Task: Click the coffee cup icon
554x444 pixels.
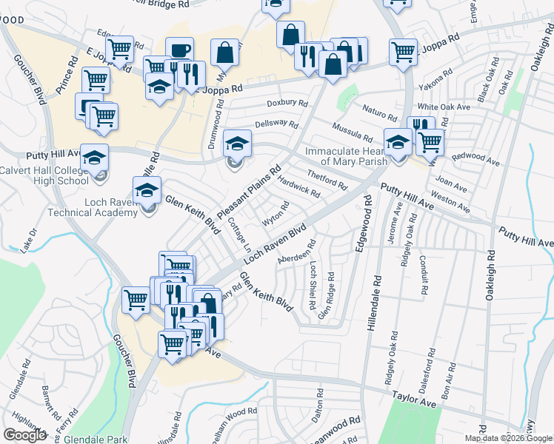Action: [x=179, y=50]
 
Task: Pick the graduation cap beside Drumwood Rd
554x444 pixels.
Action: [x=238, y=142]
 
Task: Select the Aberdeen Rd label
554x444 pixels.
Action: [x=297, y=252]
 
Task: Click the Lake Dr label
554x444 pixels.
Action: [x=29, y=242]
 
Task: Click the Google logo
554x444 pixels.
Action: [x=24, y=435]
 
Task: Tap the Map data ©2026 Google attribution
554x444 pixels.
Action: [x=508, y=438]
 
